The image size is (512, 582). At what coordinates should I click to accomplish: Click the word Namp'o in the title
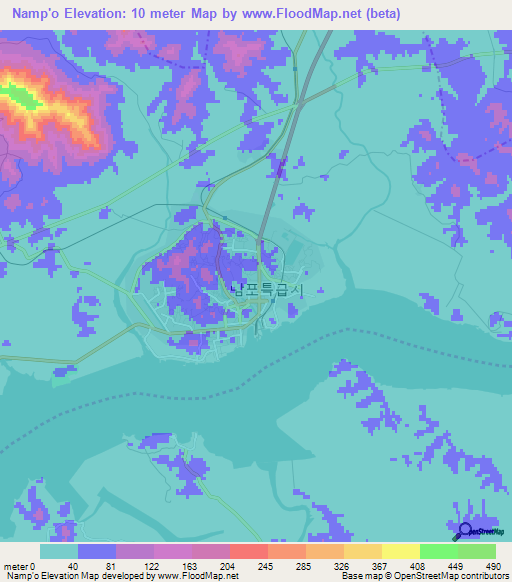click(31, 13)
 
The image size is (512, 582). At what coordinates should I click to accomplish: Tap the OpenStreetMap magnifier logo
click(463, 531)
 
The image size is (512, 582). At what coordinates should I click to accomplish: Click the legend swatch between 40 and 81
click(97, 552)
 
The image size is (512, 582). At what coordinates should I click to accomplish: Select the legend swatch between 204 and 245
click(248, 552)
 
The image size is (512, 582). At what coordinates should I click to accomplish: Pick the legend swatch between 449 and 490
click(476, 552)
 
